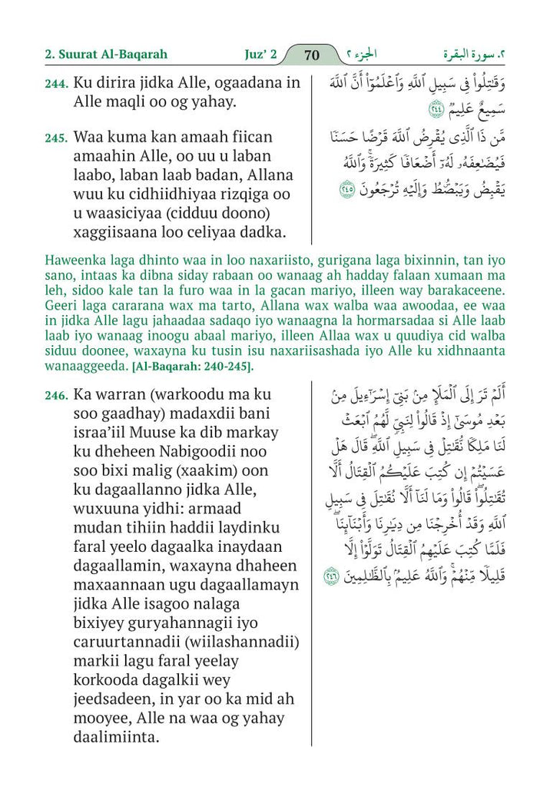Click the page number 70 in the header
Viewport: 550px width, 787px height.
coord(312,55)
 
